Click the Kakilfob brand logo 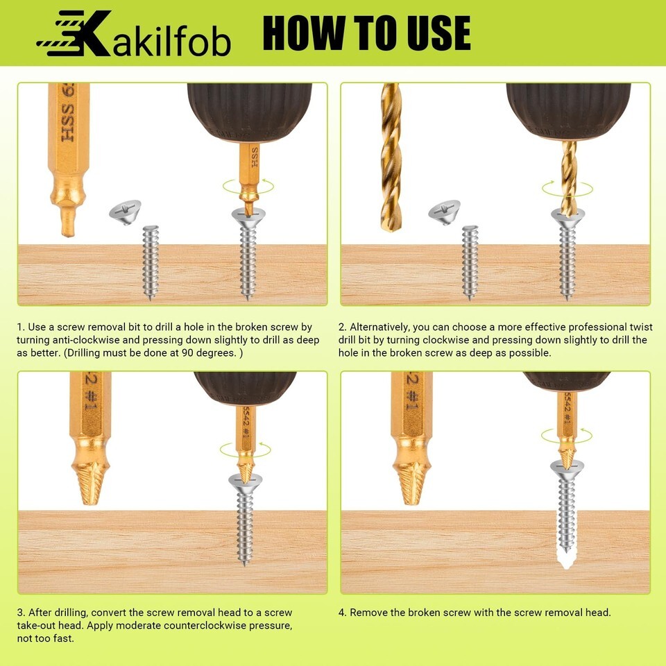coord(134,33)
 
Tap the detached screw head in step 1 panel coord(126,212)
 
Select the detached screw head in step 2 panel coord(444,212)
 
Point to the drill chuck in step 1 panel coord(250,112)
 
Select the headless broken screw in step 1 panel coord(151,262)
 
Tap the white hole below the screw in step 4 coord(566,559)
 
